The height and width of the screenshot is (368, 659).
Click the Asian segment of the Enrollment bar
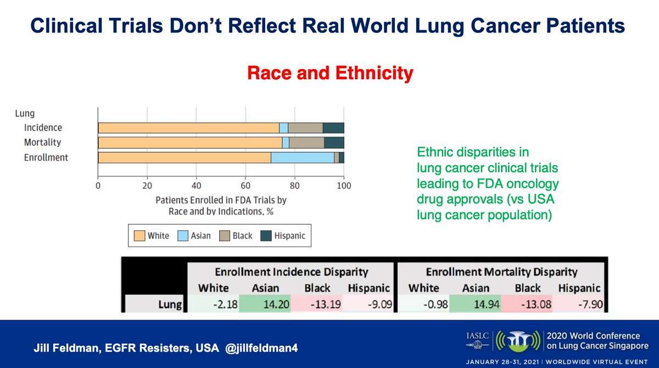(303, 158)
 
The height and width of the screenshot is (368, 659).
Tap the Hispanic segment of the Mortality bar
(334, 143)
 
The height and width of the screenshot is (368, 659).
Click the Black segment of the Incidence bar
(305, 128)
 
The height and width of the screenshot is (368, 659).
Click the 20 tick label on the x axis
(147, 185)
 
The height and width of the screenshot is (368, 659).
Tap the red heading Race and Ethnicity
(330, 73)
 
